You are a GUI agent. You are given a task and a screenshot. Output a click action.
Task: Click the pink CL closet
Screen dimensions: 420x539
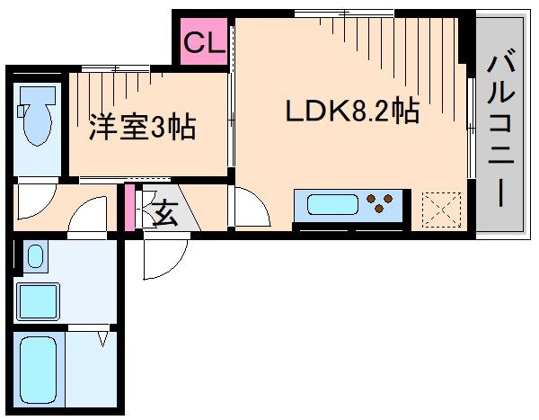pyautogui.click(x=204, y=41)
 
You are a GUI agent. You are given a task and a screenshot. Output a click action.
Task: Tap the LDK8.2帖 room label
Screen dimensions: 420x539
pyautogui.click(x=351, y=112)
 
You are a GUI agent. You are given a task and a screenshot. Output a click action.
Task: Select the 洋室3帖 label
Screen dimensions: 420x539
pyautogui.click(x=142, y=127)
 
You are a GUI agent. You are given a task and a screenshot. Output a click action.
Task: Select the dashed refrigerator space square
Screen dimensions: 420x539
pyautogui.click(x=441, y=208)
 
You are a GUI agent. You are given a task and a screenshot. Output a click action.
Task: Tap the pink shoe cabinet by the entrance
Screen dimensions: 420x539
pyautogui.click(x=129, y=208)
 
